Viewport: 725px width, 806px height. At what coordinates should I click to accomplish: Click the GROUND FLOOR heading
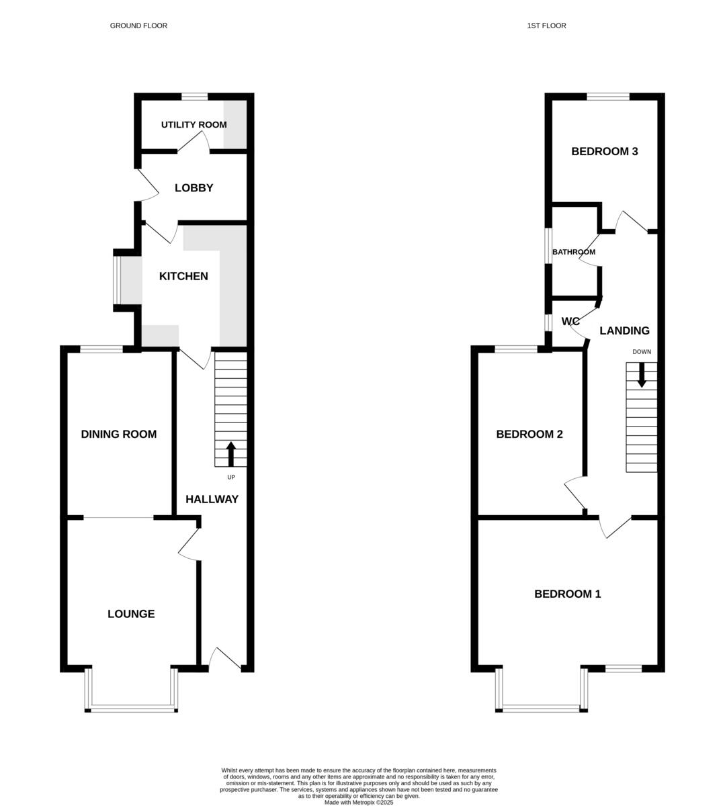138,26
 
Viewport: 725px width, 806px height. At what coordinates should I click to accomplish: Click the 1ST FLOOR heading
546,26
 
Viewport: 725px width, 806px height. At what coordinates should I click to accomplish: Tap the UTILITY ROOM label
194,125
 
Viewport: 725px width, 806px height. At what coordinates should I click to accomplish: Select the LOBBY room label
194,188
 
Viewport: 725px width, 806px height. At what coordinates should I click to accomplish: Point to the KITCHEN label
183,276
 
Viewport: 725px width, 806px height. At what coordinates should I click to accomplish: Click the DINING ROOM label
119,434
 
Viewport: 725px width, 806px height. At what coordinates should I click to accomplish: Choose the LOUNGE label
131,614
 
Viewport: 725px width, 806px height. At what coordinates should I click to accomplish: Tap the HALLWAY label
212,499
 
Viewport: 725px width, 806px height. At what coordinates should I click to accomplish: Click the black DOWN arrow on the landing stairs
642,374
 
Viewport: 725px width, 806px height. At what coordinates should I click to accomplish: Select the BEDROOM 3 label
604,151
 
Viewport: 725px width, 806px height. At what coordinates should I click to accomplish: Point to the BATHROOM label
574,253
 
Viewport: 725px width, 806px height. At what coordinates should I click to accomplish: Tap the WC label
570,322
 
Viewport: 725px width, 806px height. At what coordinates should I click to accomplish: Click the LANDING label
624,330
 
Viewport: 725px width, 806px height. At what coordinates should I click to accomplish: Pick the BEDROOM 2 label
529,434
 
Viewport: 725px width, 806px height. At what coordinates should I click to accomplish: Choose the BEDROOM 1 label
567,594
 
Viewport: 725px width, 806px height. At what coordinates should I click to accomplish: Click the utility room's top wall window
194,97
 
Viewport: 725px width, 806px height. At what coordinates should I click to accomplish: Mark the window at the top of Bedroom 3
608,97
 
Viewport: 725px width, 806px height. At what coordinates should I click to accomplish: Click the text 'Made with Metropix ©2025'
359,802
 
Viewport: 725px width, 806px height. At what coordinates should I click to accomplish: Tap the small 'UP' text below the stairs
231,477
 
